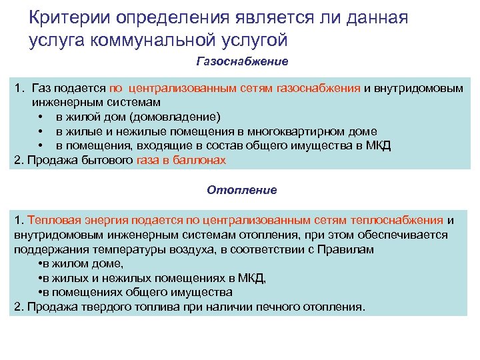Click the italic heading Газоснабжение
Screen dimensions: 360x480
coord(242,62)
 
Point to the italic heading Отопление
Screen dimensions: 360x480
coord(241,190)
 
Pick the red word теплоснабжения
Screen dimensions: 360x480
coord(401,219)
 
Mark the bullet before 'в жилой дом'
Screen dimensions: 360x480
coord(41,117)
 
